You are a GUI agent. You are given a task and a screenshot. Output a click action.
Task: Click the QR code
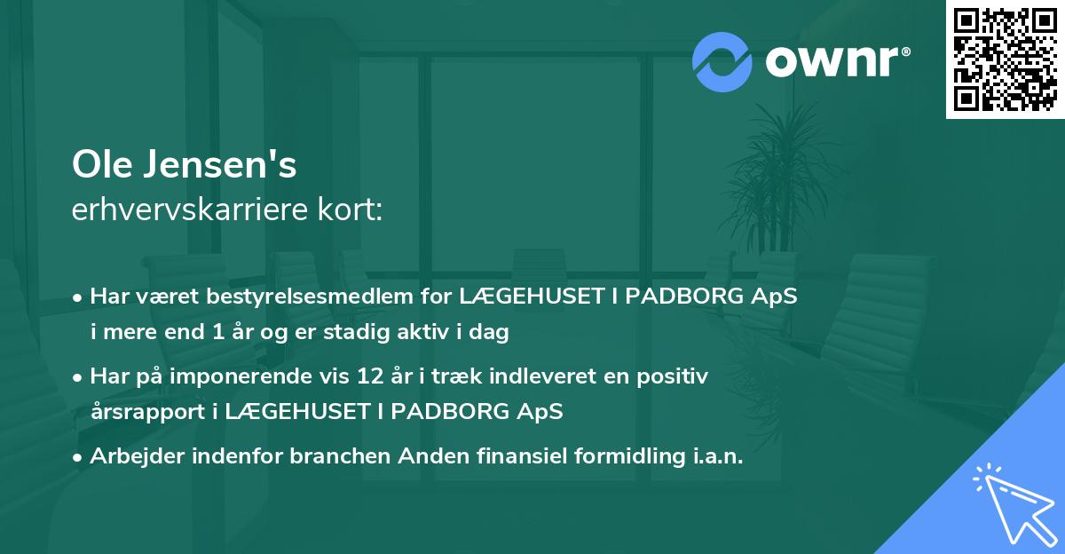click(1006, 59)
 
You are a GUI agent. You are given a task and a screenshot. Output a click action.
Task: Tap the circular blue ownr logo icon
click(722, 61)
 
